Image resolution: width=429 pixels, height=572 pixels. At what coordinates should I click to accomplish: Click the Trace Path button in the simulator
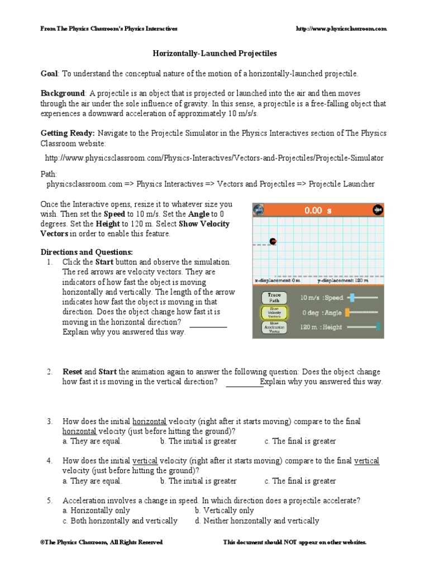[274, 298]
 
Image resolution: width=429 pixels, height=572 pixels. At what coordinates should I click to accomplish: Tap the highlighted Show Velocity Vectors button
[274, 313]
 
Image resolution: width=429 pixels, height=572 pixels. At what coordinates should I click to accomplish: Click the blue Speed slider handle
[352, 298]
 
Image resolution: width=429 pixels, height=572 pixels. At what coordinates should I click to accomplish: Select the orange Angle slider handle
[347, 312]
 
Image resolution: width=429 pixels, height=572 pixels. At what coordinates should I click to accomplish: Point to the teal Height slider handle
[378, 327]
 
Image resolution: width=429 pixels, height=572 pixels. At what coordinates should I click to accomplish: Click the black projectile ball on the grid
[273, 241]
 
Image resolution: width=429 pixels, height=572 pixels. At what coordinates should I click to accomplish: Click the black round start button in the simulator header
[378, 210]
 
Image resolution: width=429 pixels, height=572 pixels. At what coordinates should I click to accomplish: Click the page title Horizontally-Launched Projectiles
[215, 54]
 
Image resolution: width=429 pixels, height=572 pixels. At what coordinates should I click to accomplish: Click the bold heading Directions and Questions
[87, 251]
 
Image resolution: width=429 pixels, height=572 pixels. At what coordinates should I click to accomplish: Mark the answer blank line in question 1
[208, 327]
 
